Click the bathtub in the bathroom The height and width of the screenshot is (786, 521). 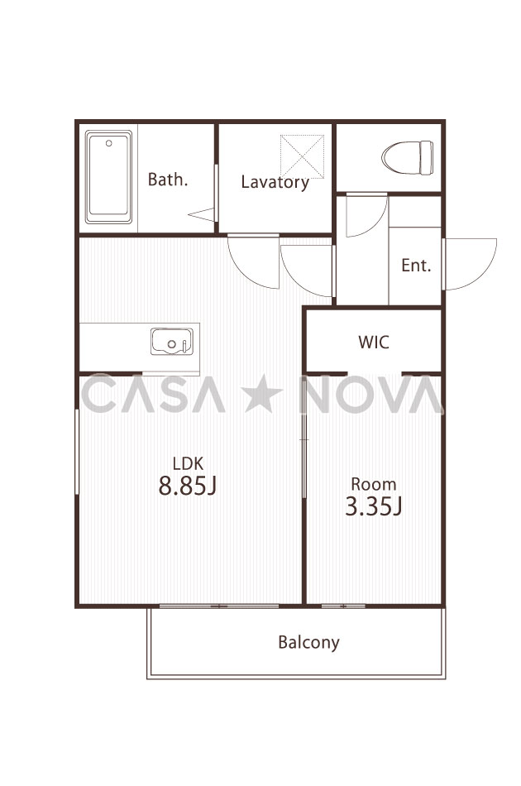click(x=108, y=177)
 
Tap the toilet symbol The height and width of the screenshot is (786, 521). click(x=407, y=157)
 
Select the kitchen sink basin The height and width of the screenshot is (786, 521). click(x=172, y=342)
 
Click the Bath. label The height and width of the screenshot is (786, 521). click(x=168, y=180)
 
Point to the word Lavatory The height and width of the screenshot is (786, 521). click(x=275, y=182)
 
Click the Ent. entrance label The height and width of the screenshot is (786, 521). click(x=416, y=266)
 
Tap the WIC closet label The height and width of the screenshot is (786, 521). click(x=374, y=343)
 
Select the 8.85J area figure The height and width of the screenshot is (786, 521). click(x=188, y=485)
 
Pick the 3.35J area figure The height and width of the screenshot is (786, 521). click(x=374, y=506)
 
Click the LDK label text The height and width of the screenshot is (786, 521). click(x=188, y=462)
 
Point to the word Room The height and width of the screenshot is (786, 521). click(x=374, y=484)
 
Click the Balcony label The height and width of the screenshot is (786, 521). click(x=308, y=642)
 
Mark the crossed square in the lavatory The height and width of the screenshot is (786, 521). click(x=302, y=156)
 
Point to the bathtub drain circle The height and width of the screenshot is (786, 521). click(x=108, y=143)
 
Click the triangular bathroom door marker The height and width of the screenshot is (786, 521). click(x=202, y=214)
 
